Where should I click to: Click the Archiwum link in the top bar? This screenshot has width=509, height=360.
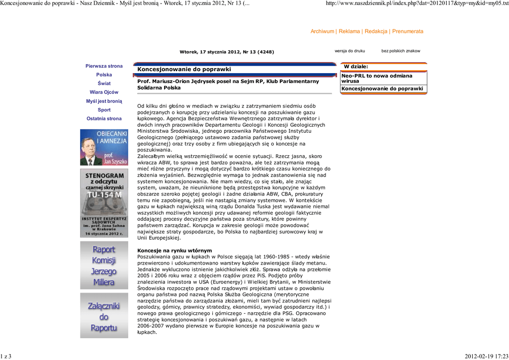pos(322,31)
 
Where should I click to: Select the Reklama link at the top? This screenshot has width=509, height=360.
pos(349,31)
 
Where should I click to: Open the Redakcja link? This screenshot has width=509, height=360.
pos(376,31)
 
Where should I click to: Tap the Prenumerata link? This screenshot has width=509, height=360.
pos(408,31)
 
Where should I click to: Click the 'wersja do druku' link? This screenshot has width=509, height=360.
pos(349,51)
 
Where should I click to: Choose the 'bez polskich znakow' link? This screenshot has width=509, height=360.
pos(401,51)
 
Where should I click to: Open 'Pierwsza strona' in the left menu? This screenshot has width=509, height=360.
pos(104,66)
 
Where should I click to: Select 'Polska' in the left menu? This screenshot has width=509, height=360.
pos(104,75)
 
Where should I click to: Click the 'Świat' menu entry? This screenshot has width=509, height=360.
pos(104,84)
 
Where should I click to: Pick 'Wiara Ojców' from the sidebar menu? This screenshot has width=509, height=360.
pos(104,92)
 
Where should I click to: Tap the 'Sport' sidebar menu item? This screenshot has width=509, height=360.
pos(104,110)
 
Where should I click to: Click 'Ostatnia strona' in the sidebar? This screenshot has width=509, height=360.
pos(104,118)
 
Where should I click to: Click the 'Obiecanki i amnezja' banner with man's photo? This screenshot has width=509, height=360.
pos(104,147)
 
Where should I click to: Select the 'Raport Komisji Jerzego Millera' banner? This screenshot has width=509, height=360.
pos(104,266)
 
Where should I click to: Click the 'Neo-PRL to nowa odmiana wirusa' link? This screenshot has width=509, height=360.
pos(377,78)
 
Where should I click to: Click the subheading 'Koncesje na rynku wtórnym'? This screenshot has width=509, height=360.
pos(174,250)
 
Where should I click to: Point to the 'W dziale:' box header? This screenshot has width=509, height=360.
pos(356,67)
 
